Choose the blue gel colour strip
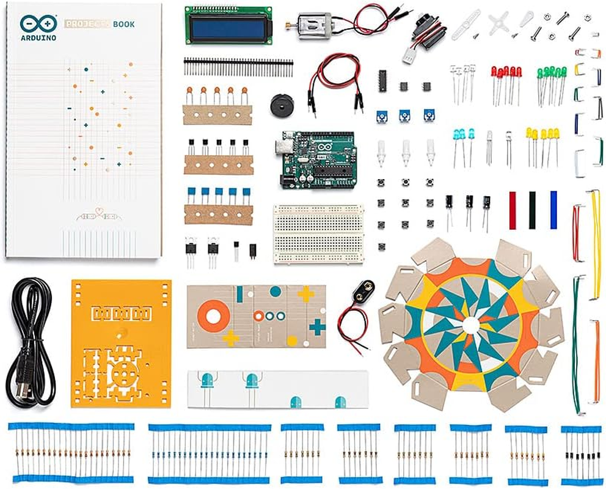tap(553, 210)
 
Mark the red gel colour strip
tap(513, 210)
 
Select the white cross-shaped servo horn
tap(499, 23)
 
